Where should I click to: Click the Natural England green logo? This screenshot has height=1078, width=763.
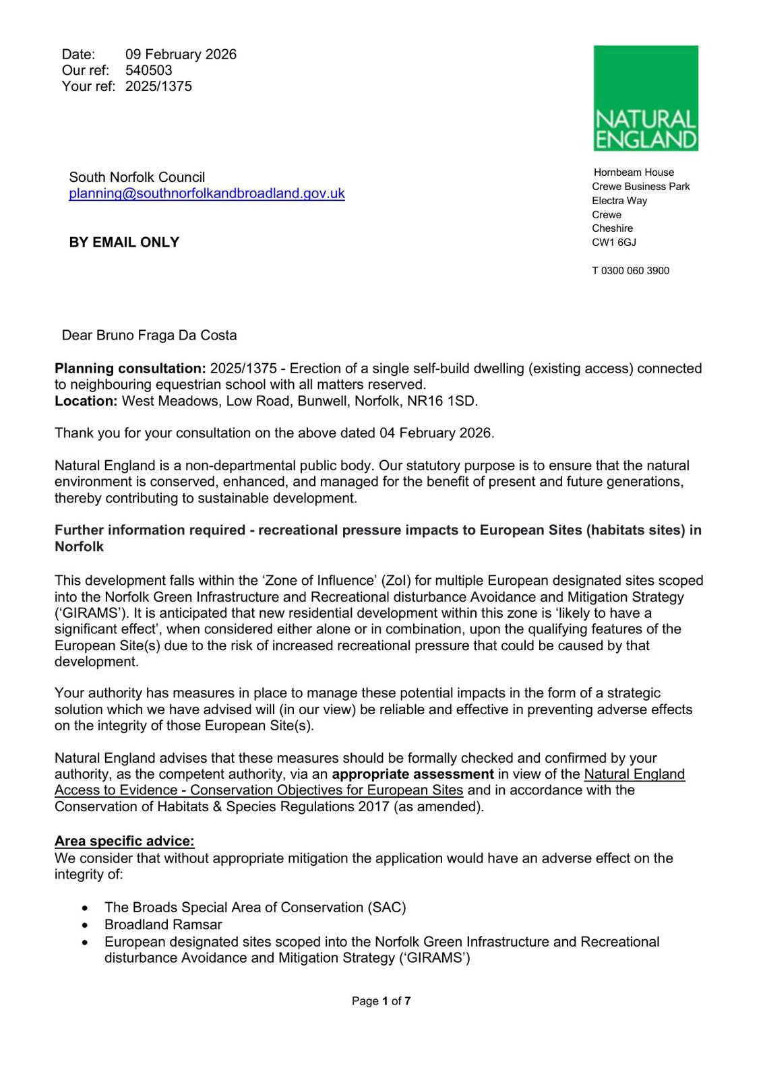tap(645, 98)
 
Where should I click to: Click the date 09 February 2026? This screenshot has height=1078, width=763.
tap(181, 55)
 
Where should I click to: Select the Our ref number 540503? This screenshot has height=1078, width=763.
tap(149, 71)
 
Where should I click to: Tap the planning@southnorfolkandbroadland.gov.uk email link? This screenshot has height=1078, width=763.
tap(206, 194)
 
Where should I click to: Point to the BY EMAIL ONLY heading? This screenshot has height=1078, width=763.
tap(124, 243)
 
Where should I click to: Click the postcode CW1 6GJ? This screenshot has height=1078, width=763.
tap(613, 243)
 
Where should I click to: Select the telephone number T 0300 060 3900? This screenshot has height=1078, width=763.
tap(630, 271)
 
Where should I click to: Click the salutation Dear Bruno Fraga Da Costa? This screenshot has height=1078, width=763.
tap(149, 336)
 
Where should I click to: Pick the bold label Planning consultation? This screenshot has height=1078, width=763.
tap(130, 369)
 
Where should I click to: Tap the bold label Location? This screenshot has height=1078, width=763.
tap(86, 402)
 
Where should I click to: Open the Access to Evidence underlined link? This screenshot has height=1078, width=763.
tap(259, 790)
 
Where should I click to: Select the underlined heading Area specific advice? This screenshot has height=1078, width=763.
tap(125, 842)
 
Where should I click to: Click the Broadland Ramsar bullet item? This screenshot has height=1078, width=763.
tap(163, 925)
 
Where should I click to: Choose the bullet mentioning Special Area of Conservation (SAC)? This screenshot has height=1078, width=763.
tap(255, 908)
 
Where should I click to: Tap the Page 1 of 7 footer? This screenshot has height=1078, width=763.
tap(381, 1002)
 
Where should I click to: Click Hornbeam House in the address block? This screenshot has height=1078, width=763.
tap(634, 172)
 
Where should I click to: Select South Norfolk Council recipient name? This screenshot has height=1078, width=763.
tap(137, 178)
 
